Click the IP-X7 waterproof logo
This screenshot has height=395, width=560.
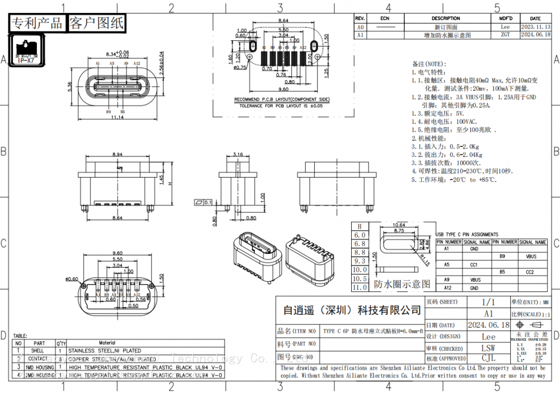pyautogui.click(x=26, y=50)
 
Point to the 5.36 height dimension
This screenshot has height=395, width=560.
pyautogui.click(x=69, y=87)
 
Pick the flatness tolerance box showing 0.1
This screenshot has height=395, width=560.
pyautogui.click(x=203, y=202)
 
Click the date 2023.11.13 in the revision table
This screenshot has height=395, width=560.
pyautogui.click(x=535, y=27)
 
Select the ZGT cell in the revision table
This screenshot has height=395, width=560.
pyautogui.click(x=505, y=35)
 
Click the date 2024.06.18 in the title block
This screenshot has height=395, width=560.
pyautogui.click(x=488, y=325)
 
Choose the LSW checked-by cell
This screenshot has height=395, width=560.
pyautogui.click(x=488, y=348)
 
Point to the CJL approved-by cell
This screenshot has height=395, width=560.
pyautogui.click(x=488, y=359)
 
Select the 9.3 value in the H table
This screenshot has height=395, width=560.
pyautogui.click(x=360, y=261)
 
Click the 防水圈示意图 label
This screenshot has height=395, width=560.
pyautogui.click(x=402, y=284)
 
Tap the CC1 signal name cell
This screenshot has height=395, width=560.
pyautogui.click(x=474, y=264)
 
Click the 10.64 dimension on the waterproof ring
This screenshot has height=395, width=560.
pyautogui.click(x=399, y=225)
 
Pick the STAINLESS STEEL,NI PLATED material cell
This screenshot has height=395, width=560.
pyautogui.click(x=104, y=351)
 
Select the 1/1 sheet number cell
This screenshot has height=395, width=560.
pyautogui.click(x=488, y=302)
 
